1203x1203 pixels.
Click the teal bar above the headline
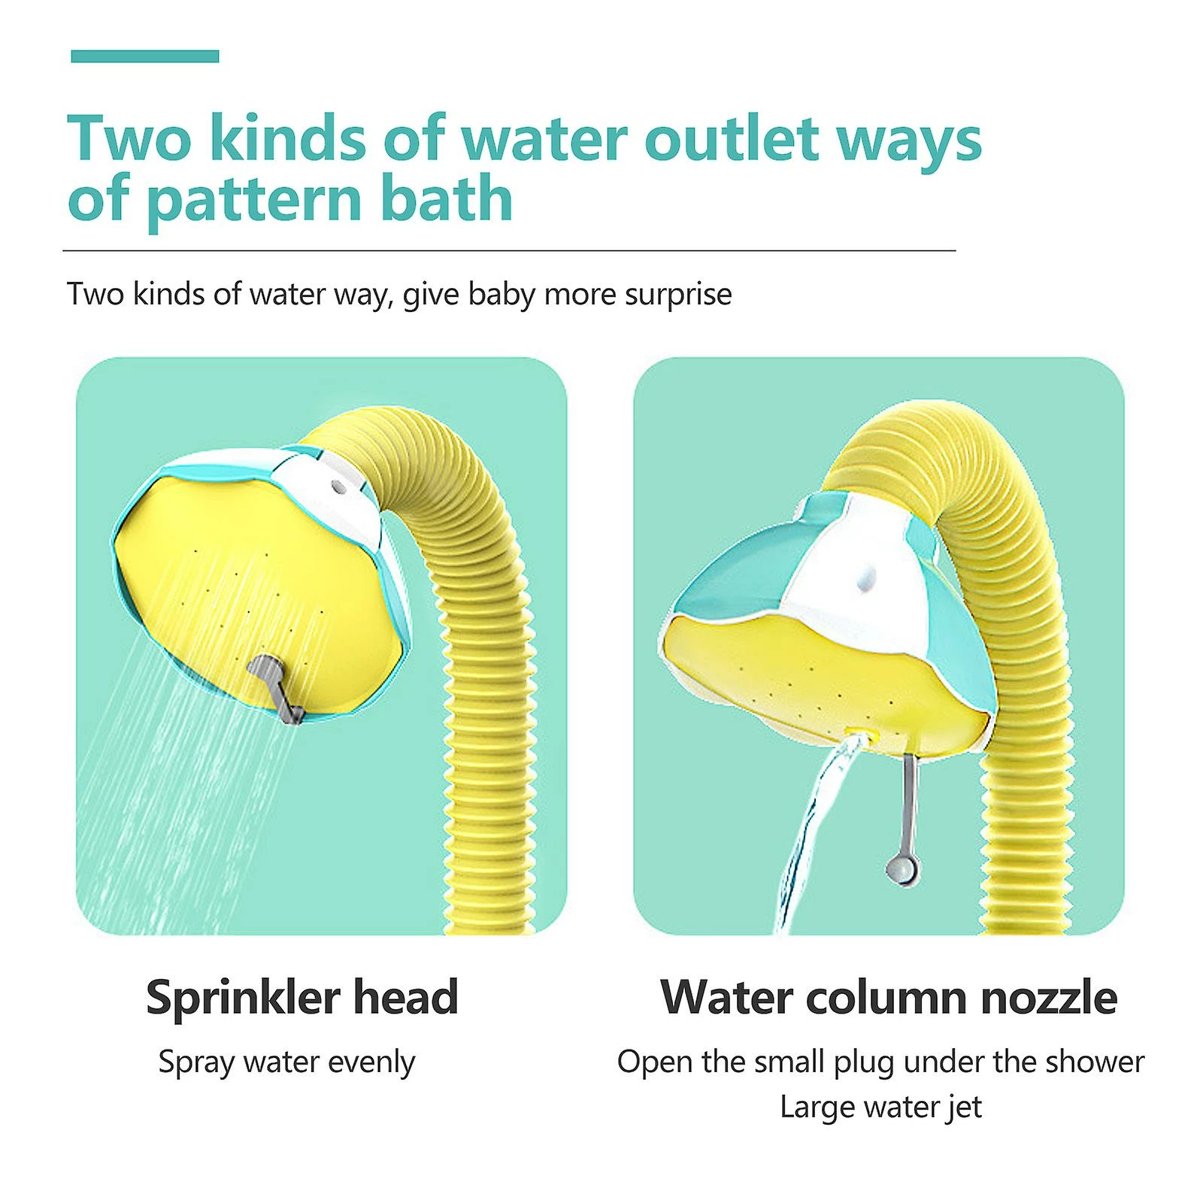[x=145, y=56]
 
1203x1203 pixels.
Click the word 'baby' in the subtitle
[x=502, y=293]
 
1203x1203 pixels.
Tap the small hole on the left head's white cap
[x=338, y=487]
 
